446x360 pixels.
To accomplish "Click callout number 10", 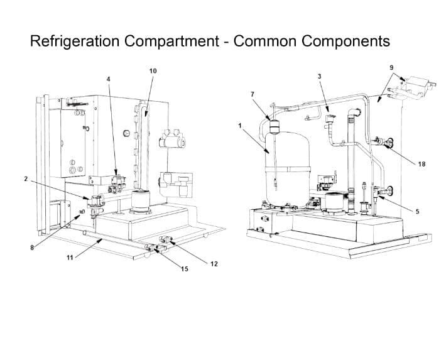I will (x=153, y=71).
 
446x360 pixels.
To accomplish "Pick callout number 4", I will (x=108, y=79).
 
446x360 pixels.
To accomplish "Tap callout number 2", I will (x=26, y=179).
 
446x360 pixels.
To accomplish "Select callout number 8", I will (x=32, y=248).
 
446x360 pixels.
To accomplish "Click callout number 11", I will (x=70, y=258).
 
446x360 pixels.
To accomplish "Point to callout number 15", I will (x=185, y=269).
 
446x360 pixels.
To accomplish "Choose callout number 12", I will (x=214, y=263).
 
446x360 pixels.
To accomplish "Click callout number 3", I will (x=320, y=76).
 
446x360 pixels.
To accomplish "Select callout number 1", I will (x=240, y=126).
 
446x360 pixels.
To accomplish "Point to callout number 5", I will (x=417, y=211).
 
